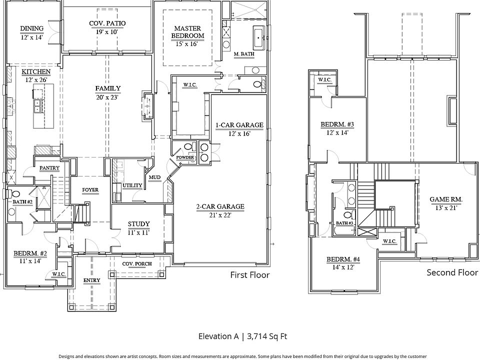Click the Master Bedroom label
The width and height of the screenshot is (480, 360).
click(187, 32)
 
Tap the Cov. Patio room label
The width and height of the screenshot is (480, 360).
click(107, 23)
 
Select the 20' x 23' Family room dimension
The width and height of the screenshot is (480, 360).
click(107, 97)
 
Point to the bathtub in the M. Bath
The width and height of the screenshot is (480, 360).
click(259, 37)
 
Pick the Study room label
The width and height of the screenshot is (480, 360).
click(138, 224)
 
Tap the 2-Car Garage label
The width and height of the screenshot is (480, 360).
click(220, 206)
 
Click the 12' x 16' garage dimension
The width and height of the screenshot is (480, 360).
click(239, 134)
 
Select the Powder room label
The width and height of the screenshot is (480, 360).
click(185, 157)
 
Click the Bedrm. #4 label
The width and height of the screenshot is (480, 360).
click(343, 259)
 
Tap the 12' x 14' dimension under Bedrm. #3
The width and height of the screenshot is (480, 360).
click(337, 133)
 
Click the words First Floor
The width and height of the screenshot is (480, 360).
click(250, 275)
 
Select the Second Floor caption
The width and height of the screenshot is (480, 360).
click(452, 272)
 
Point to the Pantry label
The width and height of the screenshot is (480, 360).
click(49, 168)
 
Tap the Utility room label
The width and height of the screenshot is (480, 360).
click(132, 185)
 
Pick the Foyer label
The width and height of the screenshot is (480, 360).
click(90, 190)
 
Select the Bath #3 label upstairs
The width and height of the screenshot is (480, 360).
click(344, 223)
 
